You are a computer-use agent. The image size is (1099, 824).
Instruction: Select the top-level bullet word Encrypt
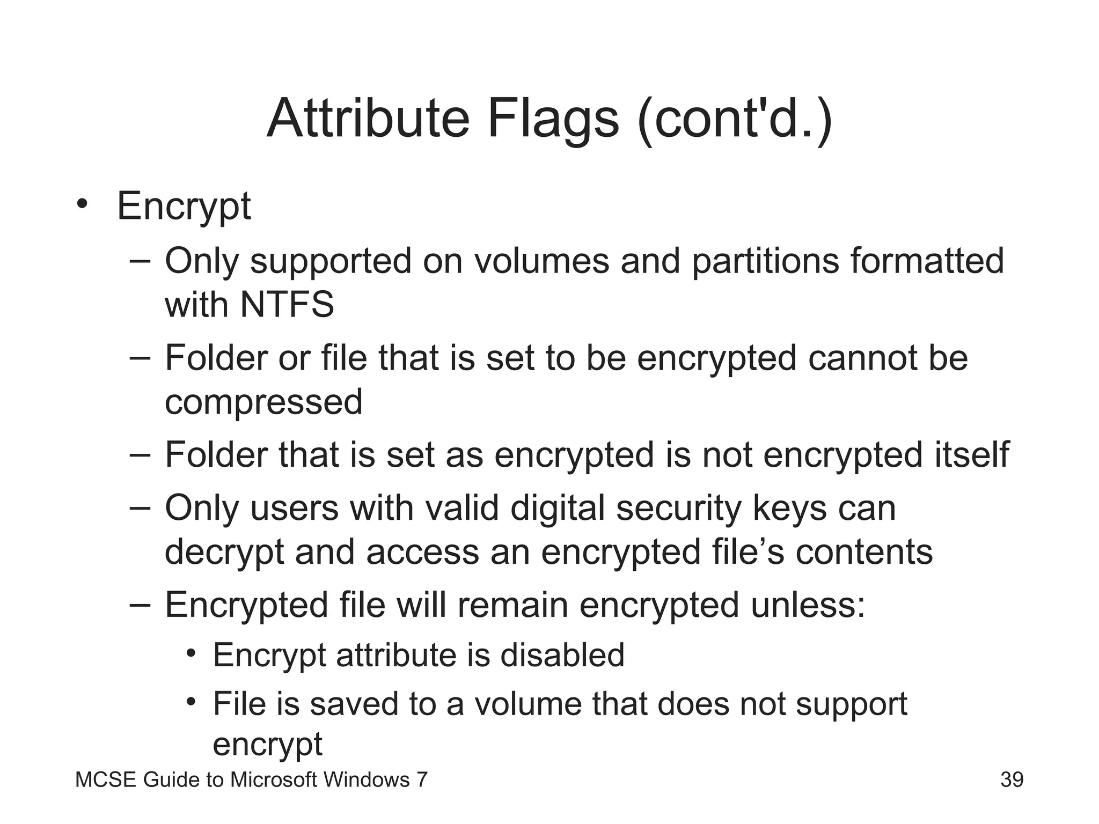(x=184, y=206)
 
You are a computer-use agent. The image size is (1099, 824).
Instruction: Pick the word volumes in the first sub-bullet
(x=541, y=261)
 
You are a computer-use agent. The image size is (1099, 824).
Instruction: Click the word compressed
(x=263, y=402)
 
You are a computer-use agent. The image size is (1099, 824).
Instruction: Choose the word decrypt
(x=224, y=553)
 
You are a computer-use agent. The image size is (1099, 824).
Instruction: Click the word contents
(x=864, y=552)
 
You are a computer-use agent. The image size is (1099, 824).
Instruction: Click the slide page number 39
(x=1012, y=779)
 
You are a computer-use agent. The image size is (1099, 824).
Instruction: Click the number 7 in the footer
(x=422, y=779)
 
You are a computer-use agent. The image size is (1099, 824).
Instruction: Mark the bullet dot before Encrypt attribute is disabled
(x=191, y=654)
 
